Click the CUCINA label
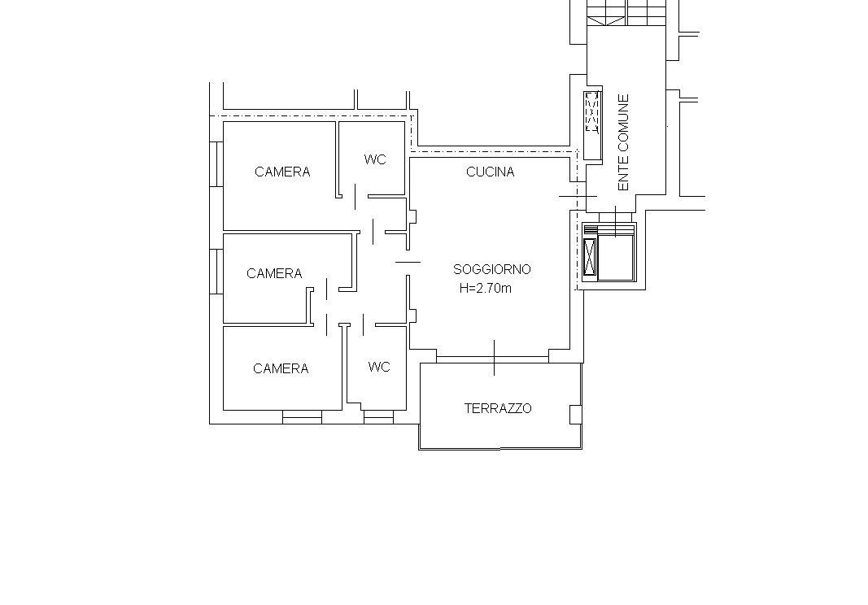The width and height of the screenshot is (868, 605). coord(490,172)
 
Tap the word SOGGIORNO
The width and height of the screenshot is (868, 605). coord(492,269)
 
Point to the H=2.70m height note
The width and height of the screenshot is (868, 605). coord(486,289)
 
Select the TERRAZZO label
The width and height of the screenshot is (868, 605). coord(498,408)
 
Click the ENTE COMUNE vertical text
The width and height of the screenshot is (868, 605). coord(624,143)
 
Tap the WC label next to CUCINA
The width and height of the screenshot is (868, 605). coord(375,160)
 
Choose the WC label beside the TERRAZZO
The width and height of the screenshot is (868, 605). coord(378,367)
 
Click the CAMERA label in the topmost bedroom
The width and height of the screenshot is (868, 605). coord(282,172)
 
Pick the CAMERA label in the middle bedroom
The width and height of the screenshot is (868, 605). coord(274,273)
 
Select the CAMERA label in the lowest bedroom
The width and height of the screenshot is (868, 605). coord(281,368)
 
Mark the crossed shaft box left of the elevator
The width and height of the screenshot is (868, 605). coord(590,258)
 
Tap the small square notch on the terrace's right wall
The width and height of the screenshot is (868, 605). coord(576,414)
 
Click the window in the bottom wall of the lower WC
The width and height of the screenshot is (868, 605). coord(378,417)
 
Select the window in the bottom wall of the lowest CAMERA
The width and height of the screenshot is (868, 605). coord(302,417)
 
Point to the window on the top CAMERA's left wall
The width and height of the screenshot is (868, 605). coord(216,163)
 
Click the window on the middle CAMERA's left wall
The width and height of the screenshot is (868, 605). coord(216,272)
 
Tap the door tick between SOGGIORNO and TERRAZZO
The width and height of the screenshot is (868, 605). coord(495,358)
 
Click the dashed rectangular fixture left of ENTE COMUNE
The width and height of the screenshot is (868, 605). coord(592,113)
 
